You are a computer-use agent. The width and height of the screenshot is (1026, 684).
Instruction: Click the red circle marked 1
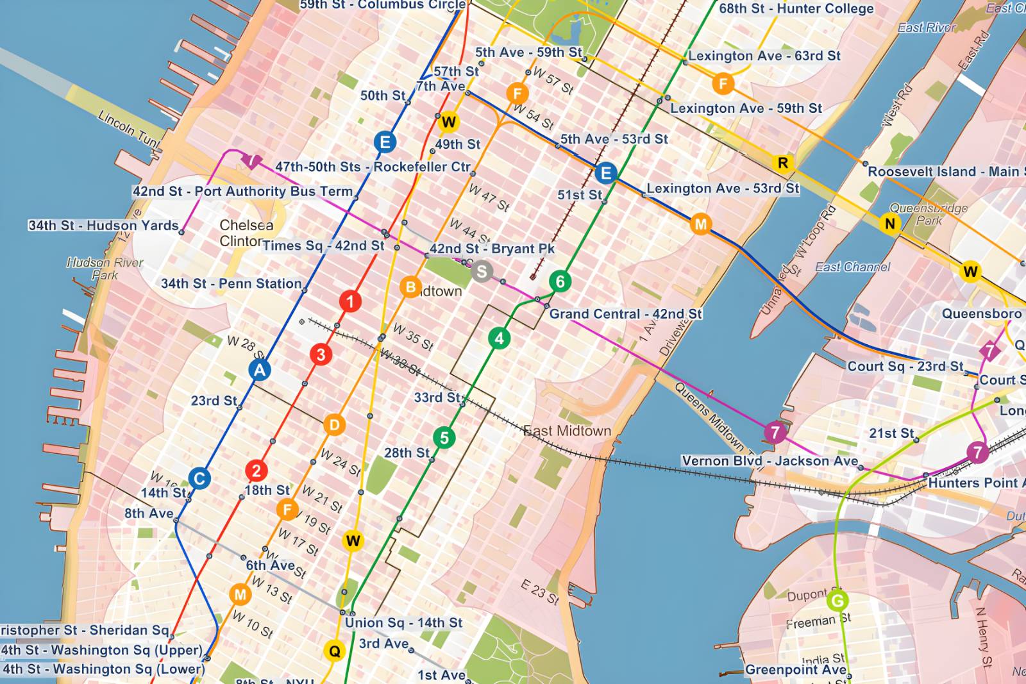(x=350, y=301)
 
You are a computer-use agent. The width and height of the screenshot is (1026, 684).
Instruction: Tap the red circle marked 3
(x=321, y=355)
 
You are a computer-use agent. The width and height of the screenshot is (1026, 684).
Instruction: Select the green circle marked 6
(x=560, y=281)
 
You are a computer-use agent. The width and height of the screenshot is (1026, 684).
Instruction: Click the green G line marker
(x=837, y=601)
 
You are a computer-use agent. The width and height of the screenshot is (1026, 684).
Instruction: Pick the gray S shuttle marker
(x=482, y=272)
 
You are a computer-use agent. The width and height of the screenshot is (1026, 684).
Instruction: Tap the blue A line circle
(x=260, y=370)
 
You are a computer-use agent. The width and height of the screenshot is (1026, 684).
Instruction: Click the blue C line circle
(x=199, y=478)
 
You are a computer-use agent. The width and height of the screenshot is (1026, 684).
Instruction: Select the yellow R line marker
(x=782, y=163)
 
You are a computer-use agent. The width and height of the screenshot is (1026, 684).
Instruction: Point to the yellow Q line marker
(x=334, y=651)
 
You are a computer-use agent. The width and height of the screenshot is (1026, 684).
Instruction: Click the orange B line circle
(x=410, y=287)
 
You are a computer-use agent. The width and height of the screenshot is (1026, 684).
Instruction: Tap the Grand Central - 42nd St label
(x=625, y=314)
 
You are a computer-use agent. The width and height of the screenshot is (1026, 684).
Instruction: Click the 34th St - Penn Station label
(x=231, y=283)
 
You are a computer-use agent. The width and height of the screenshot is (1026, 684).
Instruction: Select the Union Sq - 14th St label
(x=403, y=622)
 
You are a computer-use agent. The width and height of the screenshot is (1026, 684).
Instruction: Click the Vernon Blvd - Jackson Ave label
(x=769, y=461)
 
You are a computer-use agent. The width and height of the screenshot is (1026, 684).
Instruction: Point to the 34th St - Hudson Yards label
(x=103, y=226)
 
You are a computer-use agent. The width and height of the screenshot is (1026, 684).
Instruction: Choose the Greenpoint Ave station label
(x=795, y=670)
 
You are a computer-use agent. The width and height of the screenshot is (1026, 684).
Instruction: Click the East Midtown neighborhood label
(x=567, y=431)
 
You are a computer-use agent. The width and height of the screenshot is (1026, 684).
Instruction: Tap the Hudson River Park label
(x=105, y=269)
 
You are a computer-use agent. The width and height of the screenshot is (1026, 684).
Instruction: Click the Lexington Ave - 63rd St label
(x=764, y=56)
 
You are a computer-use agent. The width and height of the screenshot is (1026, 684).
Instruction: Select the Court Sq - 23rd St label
(x=905, y=367)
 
